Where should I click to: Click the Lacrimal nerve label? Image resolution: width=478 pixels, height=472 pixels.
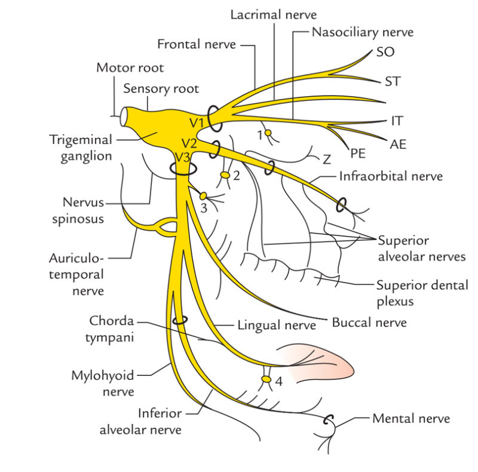(274, 14)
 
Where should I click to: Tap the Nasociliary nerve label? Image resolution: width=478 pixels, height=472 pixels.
(362, 32)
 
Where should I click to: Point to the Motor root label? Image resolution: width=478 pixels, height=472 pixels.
(130, 68)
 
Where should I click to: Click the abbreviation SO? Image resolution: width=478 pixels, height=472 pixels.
(385, 52)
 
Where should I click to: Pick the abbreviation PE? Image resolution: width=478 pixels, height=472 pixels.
(358, 154)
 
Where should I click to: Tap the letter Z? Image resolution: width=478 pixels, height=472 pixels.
(326, 160)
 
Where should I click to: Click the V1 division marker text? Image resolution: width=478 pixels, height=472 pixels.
(198, 122)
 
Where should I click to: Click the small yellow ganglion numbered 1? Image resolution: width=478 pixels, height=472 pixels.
(268, 133)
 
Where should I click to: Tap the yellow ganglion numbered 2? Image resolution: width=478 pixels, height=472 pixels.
(225, 175)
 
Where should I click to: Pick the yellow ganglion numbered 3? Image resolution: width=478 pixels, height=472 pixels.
(203, 196)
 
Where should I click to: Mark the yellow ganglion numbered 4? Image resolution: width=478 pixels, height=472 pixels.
(266, 379)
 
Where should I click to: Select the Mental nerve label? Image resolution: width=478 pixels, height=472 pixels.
(410, 419)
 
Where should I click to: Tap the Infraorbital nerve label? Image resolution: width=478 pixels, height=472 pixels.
(391, 176)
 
